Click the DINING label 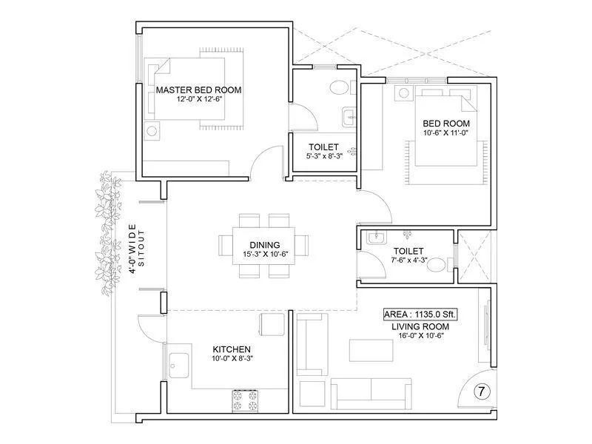pyautogui.click(x=264, y=244)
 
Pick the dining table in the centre pyautogui.click(x=264, y=246)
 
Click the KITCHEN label pyautogui.click(x=232, y=349)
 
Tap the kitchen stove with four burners pyautogui.click(x=243, y=399)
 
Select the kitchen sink pyautogui.click(x=178, y=365)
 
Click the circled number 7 pyautogui.click(x=480, y=390)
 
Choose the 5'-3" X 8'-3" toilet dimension pyautogui.click(x=323, y=157)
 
